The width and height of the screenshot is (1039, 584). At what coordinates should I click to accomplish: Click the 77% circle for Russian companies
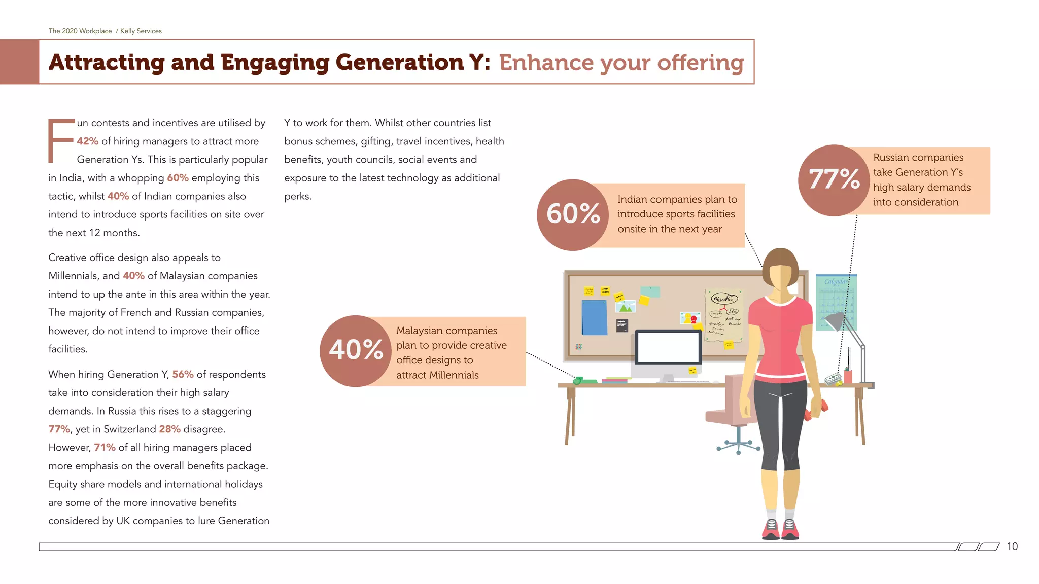pos(834,180)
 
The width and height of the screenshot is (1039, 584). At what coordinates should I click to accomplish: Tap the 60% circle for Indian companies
pos(573,214)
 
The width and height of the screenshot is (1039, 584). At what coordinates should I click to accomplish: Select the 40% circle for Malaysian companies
pos(356,351)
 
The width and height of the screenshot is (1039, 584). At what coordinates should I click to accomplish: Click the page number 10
pos(1012,546)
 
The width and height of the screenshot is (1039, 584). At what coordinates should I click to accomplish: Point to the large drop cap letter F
pos(60,141)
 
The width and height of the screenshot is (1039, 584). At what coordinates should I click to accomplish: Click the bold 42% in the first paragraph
pos(88,141)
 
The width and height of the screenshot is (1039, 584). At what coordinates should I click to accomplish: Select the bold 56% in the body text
pos(183,374)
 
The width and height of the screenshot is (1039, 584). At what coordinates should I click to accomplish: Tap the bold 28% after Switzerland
pos(169,429)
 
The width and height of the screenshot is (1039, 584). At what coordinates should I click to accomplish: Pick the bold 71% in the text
pos(105,447)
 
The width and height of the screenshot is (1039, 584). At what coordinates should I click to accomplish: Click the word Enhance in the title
pos(546,63)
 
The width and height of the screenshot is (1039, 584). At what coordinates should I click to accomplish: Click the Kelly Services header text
pos(141,31)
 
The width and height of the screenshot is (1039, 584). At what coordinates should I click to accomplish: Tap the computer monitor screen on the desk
pos(668,347)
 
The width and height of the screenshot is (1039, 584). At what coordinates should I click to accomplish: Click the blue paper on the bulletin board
pos(594,317)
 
